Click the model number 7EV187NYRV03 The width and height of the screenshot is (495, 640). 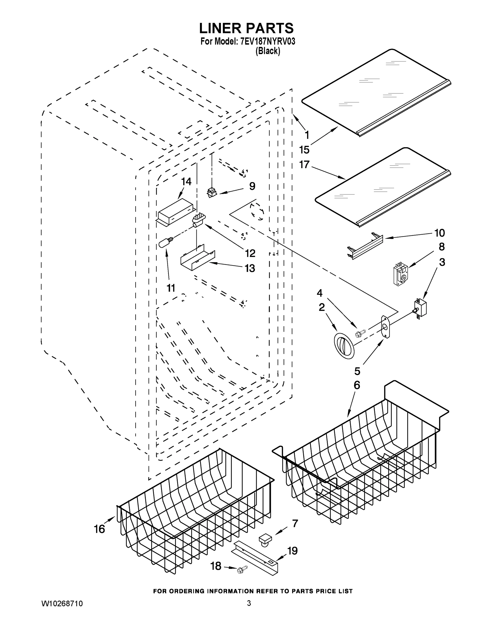tap(267, 42)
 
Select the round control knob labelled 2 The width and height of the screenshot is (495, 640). tap(344, 346)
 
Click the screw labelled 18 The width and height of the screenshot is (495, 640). tap(243, 569)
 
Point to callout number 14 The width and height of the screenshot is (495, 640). tap(186, 182)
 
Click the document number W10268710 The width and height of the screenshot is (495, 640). tap(62, 604)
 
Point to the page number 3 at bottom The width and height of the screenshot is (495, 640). tap(249, 603)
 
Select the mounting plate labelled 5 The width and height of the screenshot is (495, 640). tap(385, 326)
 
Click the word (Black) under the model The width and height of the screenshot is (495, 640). tap(267, 51)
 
